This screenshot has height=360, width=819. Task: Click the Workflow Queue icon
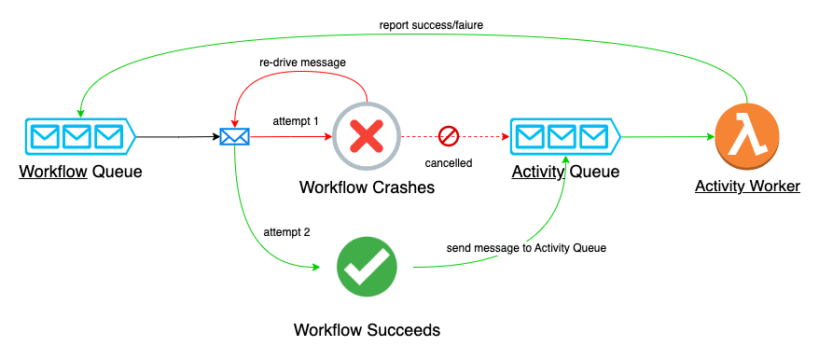click(x=76, y=137)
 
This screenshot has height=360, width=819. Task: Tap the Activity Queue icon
click(x=562, y=137)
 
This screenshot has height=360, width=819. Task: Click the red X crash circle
click(x=367, y=137)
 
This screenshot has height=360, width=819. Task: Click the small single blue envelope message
click(x=234, y=137)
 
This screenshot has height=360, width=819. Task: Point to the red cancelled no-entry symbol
click(x=449, y=136)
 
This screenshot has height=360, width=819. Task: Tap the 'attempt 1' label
click(x=296, y=121)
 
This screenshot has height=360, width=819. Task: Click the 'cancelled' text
click(x=449, y=162)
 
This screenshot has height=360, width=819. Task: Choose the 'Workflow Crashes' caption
click(x=367, y=187)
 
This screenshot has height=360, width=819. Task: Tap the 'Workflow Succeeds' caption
click(x=367, y=329)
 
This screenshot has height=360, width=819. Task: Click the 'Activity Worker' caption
click(x=747, y=187)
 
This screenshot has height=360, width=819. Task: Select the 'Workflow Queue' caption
click(x=78, y=172)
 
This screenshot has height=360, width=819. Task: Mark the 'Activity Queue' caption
click(x=565, y=172)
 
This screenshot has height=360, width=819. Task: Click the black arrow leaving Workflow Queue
click(x=177, y=137)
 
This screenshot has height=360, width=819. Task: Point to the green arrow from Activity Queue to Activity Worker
click(x=667, y=137)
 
